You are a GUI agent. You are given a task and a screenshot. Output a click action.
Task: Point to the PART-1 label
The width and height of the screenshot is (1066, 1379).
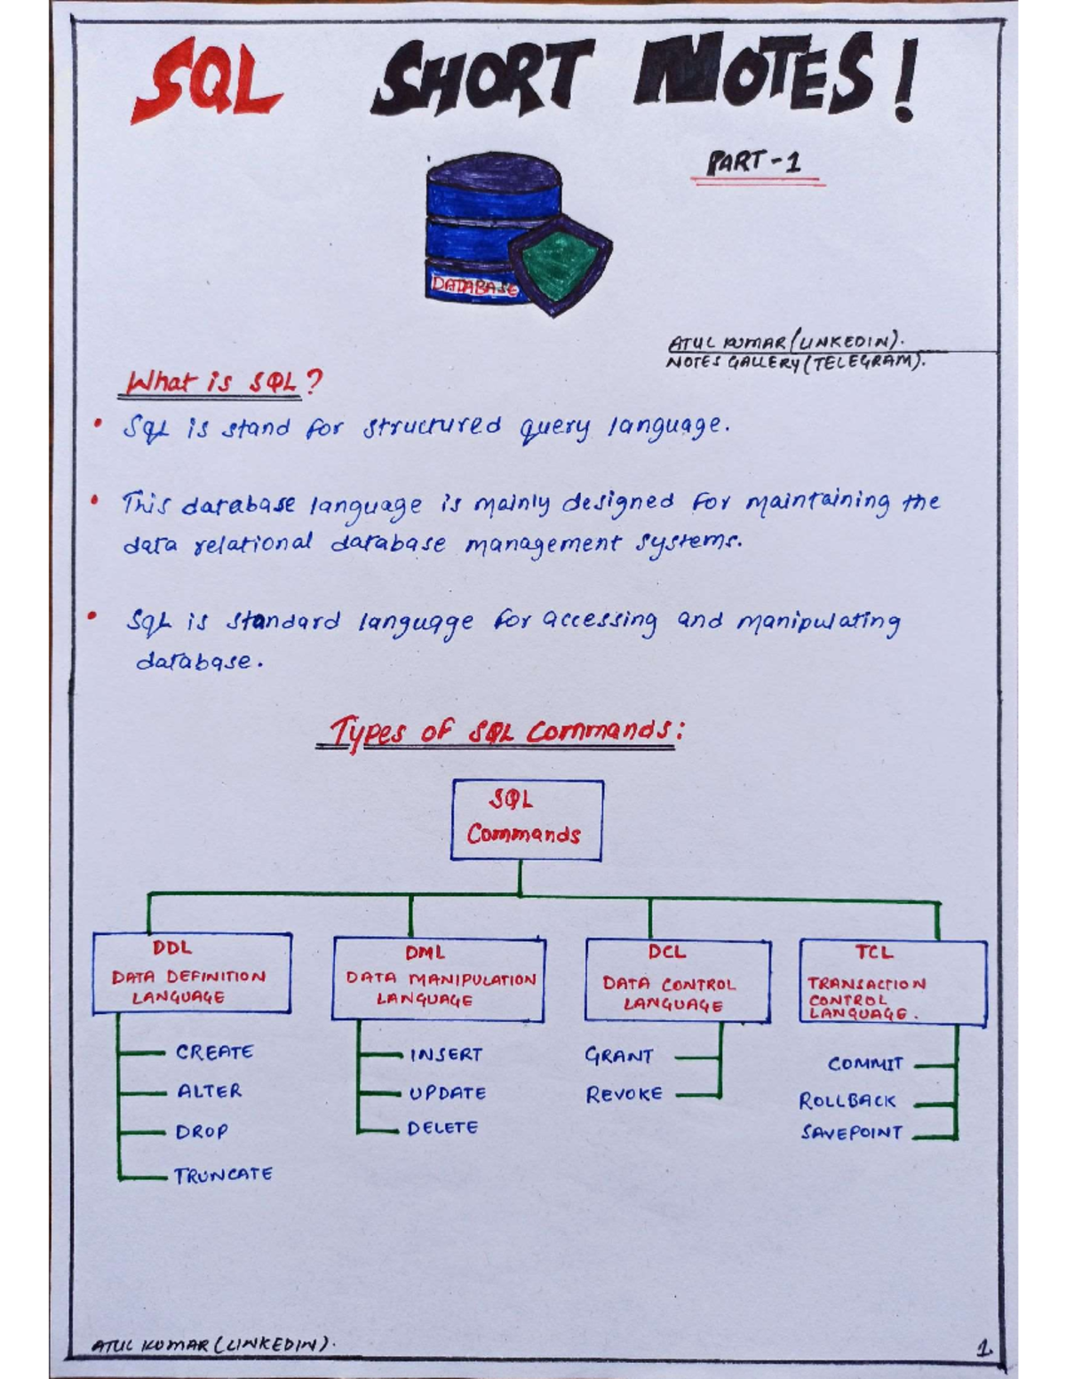tap(755, 162)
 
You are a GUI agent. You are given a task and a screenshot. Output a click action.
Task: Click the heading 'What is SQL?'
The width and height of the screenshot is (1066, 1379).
tap(223, 383)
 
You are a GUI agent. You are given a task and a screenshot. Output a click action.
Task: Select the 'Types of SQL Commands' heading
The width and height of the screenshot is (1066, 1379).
tap(503, 733)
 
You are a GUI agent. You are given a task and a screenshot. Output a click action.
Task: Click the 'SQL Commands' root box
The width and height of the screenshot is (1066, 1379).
tap(526, 820)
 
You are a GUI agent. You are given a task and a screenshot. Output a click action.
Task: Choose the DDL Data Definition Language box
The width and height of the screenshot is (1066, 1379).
tap(192, 973)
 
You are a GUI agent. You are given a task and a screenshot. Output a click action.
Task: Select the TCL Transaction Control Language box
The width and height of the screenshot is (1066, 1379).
tap(892, 982)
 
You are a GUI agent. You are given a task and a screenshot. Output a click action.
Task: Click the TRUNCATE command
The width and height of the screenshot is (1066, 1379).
tap(223, 1176)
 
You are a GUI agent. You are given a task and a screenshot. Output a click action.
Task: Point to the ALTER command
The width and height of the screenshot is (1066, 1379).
tap(210, 1091)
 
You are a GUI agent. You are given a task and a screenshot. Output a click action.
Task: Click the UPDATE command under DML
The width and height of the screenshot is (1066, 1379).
tap(448, 1093)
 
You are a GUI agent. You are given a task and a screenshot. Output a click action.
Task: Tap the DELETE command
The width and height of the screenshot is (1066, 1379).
tap(442, 1128)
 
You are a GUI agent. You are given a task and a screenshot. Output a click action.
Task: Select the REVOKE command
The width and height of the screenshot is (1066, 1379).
tap(624, 1095)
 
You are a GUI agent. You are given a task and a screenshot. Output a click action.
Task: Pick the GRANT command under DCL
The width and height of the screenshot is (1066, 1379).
tap(619, 1056)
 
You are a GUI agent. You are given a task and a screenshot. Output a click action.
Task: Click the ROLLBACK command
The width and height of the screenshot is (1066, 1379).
tap(847, 1101)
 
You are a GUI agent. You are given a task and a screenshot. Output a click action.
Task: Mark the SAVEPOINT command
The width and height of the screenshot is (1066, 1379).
tap(851, 1133)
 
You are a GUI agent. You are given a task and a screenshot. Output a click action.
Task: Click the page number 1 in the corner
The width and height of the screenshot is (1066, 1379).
tap(983, 1348)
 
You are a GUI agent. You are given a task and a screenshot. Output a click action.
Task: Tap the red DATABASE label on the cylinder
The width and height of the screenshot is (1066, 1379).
tap(473, 286)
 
